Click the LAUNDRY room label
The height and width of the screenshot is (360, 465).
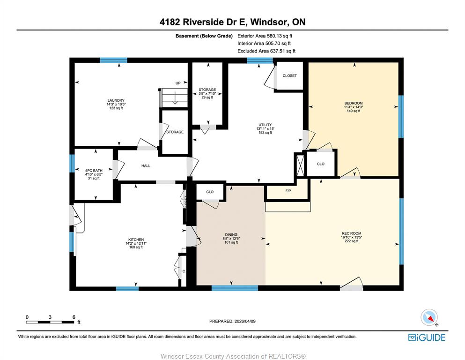click(116, 100)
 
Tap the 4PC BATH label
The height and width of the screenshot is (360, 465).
click(94, 171)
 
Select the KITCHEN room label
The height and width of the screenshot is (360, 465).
click(136, 240)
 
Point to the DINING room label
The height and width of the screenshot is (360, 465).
click(231, 234)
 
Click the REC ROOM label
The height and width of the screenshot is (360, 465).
click(351, 233)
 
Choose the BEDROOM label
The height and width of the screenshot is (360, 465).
click(354, 103)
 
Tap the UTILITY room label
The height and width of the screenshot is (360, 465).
click(265, 125)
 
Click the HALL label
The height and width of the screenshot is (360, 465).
click(146, 166)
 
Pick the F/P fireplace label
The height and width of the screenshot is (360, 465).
click(288, 191)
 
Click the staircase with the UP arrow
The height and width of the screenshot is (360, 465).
click(174, 97)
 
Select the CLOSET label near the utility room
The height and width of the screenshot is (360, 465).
click(289, 75)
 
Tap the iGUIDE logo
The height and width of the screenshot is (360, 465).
click(427, 338)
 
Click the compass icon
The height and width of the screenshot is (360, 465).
click(429, 318)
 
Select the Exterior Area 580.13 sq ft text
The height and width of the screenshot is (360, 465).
click(265, 36)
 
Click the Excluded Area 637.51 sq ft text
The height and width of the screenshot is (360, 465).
click(266, 51)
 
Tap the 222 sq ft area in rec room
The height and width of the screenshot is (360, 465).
click(351, 241)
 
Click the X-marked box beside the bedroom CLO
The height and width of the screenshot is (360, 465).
click(300, 165)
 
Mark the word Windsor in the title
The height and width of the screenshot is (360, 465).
click(269, 22)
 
